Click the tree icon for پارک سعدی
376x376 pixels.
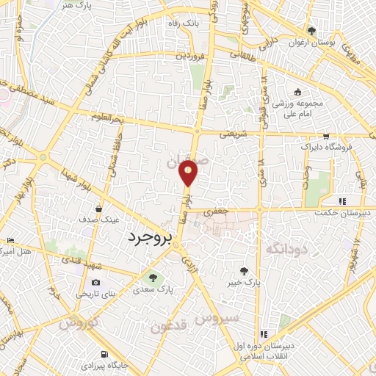tap(153, 278)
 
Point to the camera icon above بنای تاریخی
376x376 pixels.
tap(96, 283)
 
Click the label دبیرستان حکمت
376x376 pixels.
tap(348, 214)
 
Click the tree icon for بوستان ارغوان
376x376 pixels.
tap(313, 31)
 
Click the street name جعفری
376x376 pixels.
tap(217, 211)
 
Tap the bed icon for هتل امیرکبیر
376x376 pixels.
tap(10, 241)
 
